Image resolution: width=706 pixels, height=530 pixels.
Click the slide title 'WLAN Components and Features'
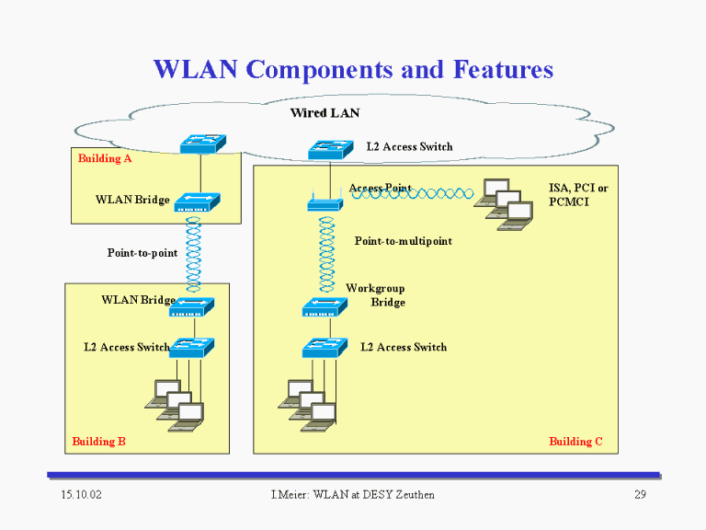coord(353,69)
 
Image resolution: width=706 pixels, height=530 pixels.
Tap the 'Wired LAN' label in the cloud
coord(325,112)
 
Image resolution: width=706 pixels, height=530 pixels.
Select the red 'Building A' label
coord(105,158)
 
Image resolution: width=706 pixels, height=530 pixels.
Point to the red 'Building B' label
coord(98,442)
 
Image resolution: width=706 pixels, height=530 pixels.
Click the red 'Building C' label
coord(575,442)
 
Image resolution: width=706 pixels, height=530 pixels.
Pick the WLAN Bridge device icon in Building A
coord(198,202)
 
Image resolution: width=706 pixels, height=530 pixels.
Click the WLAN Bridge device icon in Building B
coord(191,307)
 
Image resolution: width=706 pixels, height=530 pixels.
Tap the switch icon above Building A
coord(202,144)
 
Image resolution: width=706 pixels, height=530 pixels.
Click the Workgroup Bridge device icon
coord(325,307)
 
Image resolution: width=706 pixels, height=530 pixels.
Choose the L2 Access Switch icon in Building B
coord(191,348)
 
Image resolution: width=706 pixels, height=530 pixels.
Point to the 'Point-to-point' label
coord(142,253)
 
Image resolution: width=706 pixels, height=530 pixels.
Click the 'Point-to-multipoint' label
coord(403,241)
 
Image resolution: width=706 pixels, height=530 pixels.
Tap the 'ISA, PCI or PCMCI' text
coord(578,195)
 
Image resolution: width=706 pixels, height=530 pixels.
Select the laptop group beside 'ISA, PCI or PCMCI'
coord(504,204)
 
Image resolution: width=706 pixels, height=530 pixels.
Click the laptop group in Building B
coord(175,406)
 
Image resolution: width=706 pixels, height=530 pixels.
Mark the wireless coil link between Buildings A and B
coord(193,255)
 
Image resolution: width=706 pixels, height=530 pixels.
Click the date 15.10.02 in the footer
coord(81,495)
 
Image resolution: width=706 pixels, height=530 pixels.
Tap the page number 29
coord(640,495)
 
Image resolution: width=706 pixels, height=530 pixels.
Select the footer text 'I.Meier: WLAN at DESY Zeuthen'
coord(353,495)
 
